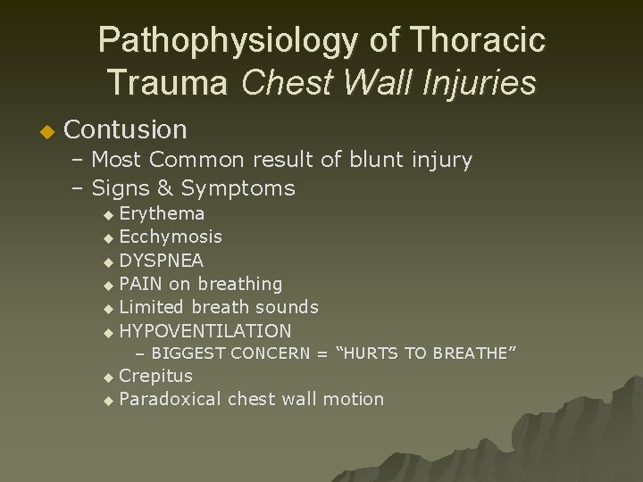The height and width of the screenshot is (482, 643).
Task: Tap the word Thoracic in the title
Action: [x=481, y=41]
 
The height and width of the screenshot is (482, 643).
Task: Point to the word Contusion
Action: [x=126, y=130]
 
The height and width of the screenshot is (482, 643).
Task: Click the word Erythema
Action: [x=162, y=214]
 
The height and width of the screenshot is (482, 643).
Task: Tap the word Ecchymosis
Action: [x=171, y=237]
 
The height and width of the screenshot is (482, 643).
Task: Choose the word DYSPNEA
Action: [x=162, y=261]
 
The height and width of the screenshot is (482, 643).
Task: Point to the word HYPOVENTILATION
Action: [x=205, y=330]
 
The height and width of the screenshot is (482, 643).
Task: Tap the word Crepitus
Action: [x=155, y=376]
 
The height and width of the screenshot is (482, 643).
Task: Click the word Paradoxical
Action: [x=170, y=399]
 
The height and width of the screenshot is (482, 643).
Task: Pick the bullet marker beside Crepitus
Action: [x=109, y=378]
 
